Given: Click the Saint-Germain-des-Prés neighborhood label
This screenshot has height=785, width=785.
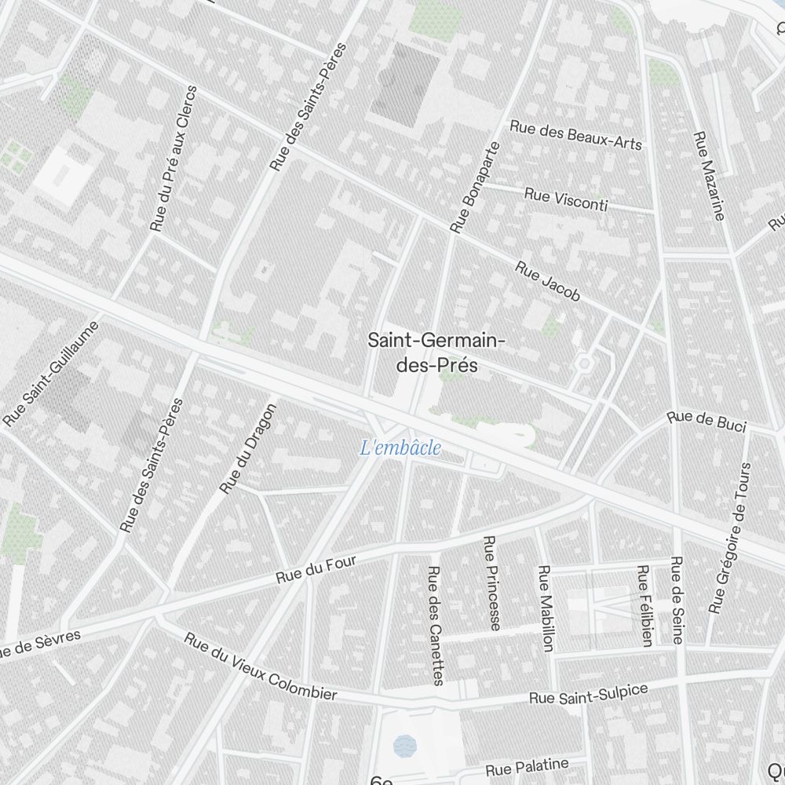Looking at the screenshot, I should (436, 353).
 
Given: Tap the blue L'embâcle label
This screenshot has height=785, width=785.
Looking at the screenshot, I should (400, 449).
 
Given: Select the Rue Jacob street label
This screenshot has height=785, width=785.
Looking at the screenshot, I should (548, 282).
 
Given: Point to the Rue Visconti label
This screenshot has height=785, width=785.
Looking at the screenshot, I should (566, 200).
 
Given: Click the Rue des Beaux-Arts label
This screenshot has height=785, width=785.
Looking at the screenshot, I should (575, 134).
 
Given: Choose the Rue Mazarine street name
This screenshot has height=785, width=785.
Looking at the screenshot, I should (709, 175).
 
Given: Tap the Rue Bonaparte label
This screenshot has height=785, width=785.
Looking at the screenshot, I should (475, 188).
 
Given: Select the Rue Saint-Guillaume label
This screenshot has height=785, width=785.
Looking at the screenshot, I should (52, 374).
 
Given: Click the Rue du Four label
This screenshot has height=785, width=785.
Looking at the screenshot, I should (316, 570).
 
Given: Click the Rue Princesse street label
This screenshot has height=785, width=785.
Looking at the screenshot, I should (491, 582).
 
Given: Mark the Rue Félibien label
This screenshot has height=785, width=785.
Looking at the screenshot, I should (644, 605).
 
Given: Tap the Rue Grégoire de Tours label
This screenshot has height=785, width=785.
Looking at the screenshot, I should (731, 538).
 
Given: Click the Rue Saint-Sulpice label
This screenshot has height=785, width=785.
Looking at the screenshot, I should (588, 694).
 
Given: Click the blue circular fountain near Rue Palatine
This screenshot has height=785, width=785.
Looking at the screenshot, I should (404, 743).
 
